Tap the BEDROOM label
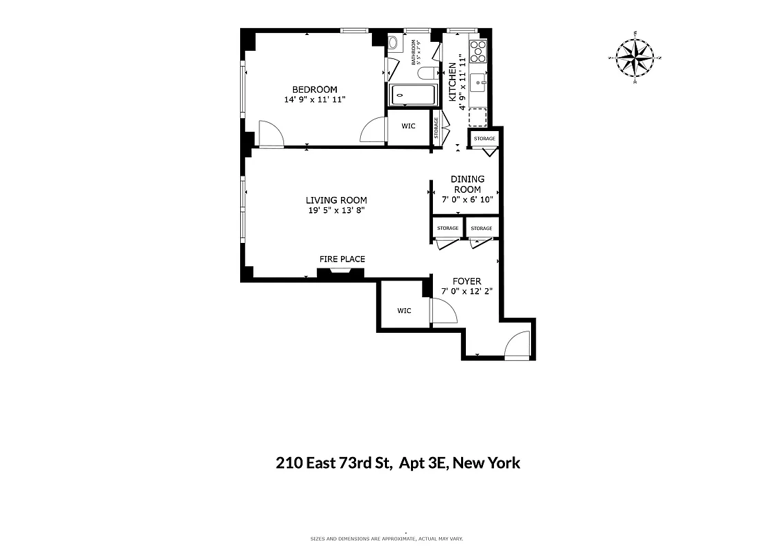click(314, 90)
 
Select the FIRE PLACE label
click(342, 259)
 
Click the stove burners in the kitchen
click(478, 50)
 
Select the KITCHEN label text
click(453, 82)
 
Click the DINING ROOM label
click(467, 184)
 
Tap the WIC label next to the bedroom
click(409, 126)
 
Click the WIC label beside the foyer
click(404, 311)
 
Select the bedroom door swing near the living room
click(270, 133)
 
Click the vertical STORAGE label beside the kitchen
click(436, 127)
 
